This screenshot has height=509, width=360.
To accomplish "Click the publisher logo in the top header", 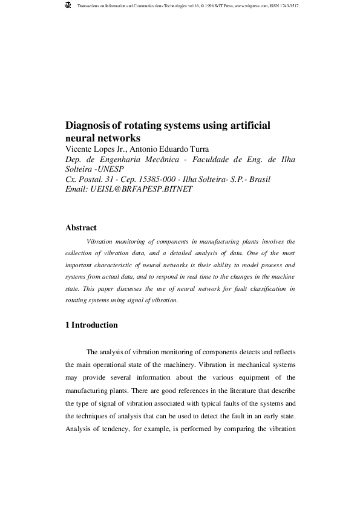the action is [x=67, y=5].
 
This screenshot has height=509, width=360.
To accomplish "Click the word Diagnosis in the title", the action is [x=88, y=126].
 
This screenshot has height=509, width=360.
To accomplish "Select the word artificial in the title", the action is [x=249, y=126].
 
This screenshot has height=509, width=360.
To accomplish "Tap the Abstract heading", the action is [x=80, y=228].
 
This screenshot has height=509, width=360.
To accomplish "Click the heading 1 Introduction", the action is [x=91, y=325].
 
